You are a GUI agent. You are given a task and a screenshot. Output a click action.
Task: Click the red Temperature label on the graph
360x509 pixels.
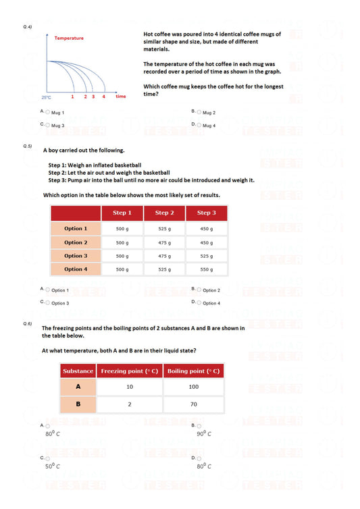coord(70,38)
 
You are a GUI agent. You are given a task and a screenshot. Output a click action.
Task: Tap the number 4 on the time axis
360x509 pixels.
coord(103,97)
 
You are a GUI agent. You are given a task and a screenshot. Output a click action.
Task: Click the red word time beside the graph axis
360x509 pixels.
coord(120,97)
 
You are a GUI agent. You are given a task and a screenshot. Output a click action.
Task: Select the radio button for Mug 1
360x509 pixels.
coord(47,112)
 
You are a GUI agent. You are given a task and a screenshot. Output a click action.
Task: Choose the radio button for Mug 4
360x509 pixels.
coord(199,125)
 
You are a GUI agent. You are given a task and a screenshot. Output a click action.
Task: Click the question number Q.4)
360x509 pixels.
coord(28,26)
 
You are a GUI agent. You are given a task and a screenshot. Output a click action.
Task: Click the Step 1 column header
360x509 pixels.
coord(122,213)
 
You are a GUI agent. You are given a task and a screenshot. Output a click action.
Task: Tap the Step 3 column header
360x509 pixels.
coord(206,213)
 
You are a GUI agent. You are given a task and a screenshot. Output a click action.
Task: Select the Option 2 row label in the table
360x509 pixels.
coord(76,242)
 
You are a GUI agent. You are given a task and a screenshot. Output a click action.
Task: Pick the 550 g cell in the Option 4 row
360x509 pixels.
coord(206,269)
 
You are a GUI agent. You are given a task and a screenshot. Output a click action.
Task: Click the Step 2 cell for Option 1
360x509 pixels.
coord(164,229)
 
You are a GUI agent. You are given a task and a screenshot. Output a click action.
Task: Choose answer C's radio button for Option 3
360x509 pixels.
coord(47,303)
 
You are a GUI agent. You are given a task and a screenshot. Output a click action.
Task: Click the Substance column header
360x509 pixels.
coord(78,371)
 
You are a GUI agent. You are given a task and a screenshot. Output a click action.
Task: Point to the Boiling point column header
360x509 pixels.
coord(193,371)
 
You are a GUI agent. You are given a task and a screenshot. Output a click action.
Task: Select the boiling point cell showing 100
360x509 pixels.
coord(193,387)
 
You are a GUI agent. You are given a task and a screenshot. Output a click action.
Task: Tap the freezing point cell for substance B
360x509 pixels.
coord(129,404)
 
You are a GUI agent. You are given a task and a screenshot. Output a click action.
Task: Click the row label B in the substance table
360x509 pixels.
coord(78,404)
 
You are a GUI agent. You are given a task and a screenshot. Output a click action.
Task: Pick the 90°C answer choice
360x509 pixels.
coord(199,425)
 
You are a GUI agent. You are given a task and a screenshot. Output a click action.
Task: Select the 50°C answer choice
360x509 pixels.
coord(47,458)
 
